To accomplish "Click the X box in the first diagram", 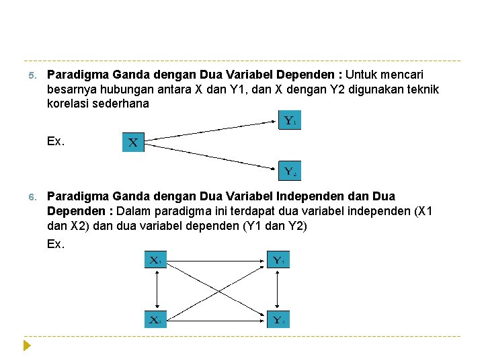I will click(x=133, y=143).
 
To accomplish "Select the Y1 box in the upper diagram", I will click(x=288, y=122).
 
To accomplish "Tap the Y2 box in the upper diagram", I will click(x=288, y=171).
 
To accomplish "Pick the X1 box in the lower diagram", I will click(x=155, y=259).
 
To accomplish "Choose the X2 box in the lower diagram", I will click(x=155, y=319).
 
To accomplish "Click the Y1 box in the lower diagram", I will click(x=278, y=259).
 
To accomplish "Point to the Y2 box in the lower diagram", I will click(x=278, y=319).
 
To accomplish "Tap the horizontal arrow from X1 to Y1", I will click(x=216, y=259).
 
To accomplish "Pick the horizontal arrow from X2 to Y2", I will click(x=216, y=319).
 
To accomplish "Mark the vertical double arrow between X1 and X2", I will click(x=155, y=289).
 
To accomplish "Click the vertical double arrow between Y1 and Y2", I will click(x=278, y=289).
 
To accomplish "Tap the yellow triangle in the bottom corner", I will click(x=27, y=347).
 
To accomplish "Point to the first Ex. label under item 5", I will click(x=56, y=141).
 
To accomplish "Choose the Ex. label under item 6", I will click(x=56, y=243).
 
